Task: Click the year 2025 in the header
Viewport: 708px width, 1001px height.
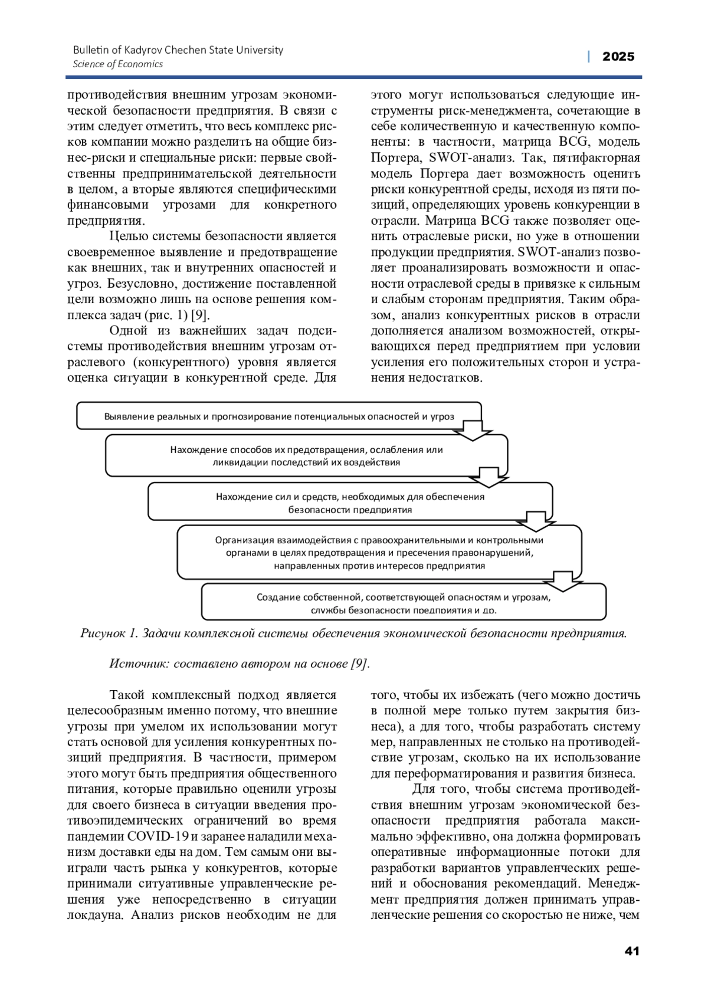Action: point(618,57)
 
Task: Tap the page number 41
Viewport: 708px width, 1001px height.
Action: point(631,951)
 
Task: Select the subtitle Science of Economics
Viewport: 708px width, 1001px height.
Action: point(117,64)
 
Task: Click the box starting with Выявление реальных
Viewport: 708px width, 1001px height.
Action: point(279,416)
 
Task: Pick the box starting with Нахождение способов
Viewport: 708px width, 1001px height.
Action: point(306,455)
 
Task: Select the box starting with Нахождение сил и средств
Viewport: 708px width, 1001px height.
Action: point(350,502)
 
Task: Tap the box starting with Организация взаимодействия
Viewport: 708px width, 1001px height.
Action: point(379,552)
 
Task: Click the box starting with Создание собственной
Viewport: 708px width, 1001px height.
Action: point(404,602)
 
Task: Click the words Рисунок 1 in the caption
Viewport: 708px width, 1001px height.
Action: point(109,634)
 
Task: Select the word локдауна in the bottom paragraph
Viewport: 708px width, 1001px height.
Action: point(96,915)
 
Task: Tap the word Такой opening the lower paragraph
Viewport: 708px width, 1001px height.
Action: point(129,695)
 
